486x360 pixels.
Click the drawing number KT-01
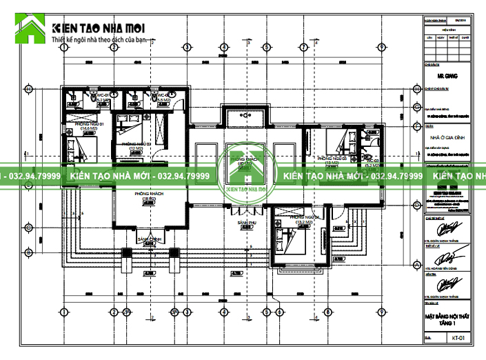459,338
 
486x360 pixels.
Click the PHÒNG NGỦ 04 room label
303,219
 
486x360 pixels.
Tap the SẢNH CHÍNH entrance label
150,239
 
